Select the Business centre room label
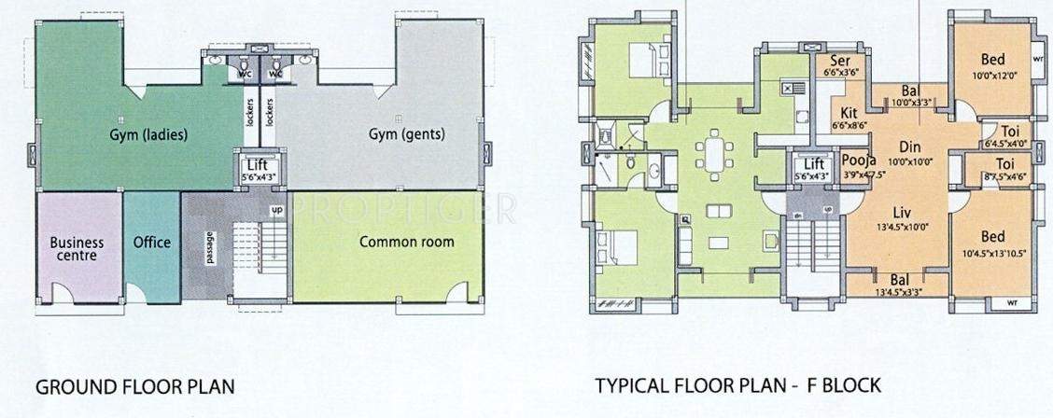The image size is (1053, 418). [77, 248]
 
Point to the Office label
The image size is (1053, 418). [151, 242]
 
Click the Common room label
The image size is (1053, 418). [407, 242]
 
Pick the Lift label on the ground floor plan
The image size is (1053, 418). [258, 165]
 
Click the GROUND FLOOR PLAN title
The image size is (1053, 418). [134, 385]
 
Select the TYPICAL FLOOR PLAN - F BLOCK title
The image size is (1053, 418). [737, 385]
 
